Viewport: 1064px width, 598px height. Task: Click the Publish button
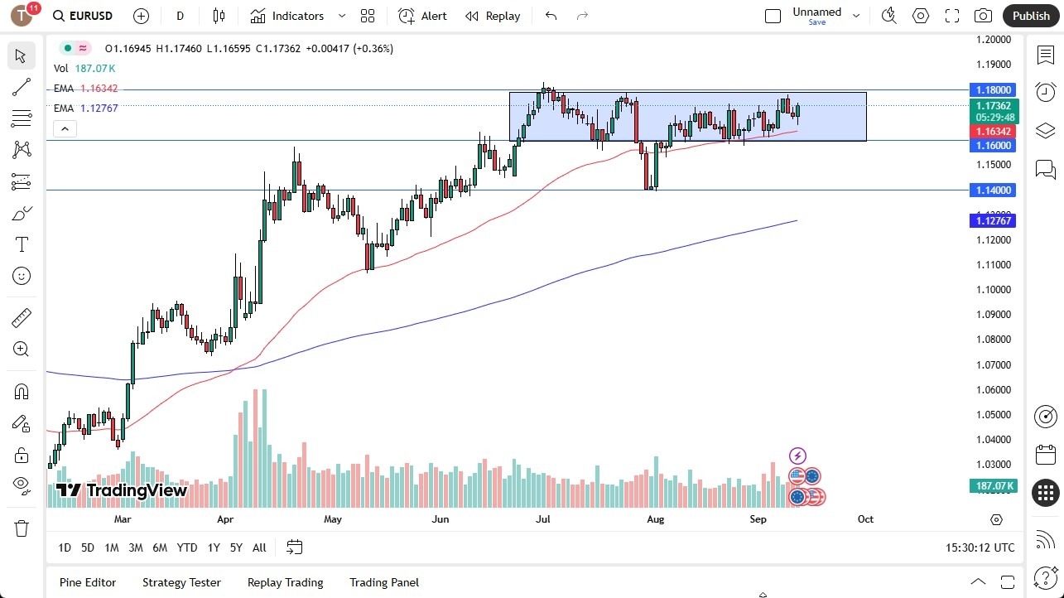click(1030, 16)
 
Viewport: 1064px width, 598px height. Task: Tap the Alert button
click(422, 16)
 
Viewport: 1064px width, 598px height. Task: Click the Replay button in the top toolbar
click(493, 16)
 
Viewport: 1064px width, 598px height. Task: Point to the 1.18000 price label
click(993, 89)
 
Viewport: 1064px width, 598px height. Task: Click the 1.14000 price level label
click(993, 190)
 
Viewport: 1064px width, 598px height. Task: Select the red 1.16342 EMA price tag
click(993, 132)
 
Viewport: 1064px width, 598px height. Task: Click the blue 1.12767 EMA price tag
click(993, 220)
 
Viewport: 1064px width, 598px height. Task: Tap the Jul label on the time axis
click(543, 519)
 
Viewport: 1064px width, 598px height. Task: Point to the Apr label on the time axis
click(225, 519)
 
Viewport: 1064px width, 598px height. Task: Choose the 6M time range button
click(160, 547)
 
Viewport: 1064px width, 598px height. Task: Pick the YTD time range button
click(187, 547)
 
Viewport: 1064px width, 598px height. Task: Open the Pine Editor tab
click(88, 582)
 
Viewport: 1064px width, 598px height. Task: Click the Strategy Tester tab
click(181, 582)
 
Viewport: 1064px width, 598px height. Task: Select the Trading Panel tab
click(384, 582)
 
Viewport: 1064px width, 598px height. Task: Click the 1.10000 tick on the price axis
click(993, 290)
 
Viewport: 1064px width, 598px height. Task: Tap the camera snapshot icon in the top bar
click(983, 16)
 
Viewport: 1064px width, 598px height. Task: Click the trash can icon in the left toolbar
click(22, 528)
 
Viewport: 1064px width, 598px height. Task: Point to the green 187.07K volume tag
click(993, 486)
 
